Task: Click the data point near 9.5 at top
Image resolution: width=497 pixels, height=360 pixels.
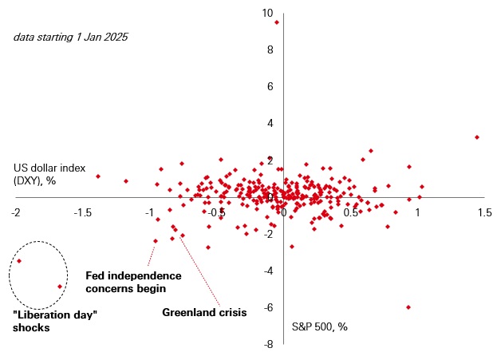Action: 277,22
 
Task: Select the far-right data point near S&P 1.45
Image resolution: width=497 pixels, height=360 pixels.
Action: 477,137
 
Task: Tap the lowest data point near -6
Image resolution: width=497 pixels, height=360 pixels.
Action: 408,307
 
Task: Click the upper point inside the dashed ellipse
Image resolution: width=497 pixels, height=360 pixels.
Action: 19,261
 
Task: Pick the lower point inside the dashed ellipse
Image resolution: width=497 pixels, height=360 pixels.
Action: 60,287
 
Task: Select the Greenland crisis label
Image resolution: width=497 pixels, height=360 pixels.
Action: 204,312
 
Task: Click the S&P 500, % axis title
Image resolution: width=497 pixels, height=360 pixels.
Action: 319,326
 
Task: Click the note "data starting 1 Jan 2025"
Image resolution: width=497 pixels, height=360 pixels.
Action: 70,37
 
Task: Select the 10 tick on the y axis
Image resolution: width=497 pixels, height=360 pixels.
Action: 266,13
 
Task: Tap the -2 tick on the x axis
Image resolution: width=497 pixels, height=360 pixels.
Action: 16,213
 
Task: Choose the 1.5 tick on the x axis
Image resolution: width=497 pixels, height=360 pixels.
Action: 484,213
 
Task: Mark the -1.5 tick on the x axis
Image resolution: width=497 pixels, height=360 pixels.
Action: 83,213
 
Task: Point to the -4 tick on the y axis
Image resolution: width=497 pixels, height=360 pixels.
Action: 269,271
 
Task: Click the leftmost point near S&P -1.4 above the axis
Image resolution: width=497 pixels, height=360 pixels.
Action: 98,176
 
